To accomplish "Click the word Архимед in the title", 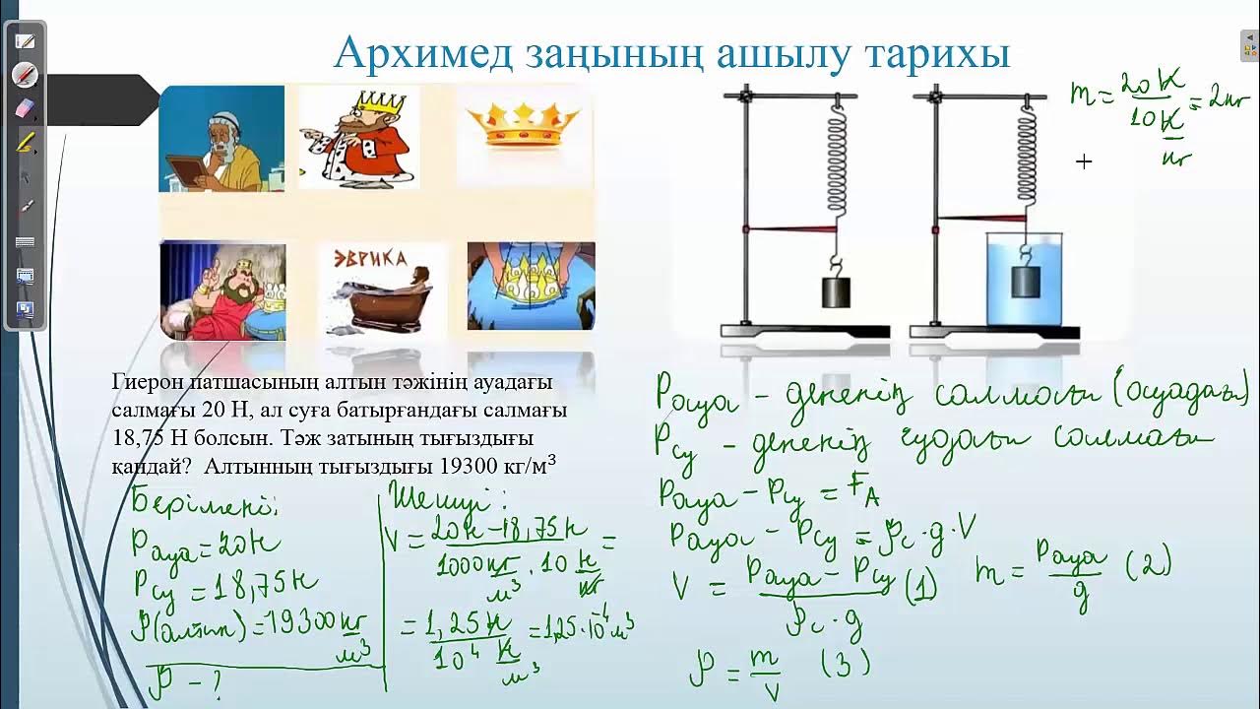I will click(x=423, y=53).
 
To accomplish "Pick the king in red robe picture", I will click(x=359, y=137).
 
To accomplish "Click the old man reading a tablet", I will click(x=221, y=138).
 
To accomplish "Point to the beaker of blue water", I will click(x=1025, y=280).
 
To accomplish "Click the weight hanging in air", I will click(x=837, y=293).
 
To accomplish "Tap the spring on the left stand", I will click(x=837, y=162).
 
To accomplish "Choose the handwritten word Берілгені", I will click(x=205, y=504).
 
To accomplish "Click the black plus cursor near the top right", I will click(x=1084, y=161).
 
